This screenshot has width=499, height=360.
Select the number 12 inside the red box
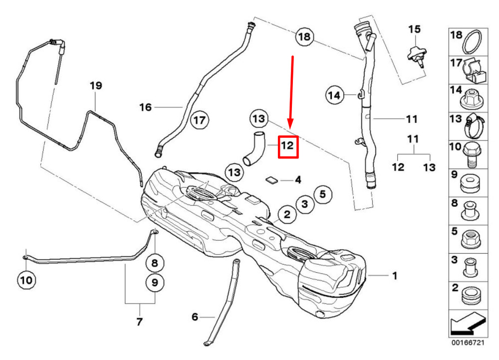(x=288, y=146)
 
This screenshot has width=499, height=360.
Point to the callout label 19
(x=96, y=86)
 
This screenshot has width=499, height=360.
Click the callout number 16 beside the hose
(x=145, y=107)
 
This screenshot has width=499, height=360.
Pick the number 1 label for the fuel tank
(x=395, y=275)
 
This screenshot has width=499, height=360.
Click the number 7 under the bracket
(x=139, y=322)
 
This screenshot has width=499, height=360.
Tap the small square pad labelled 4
(x=272, y=180)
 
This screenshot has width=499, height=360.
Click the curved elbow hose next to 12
(x=255, y=147)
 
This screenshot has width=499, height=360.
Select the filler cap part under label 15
(x=416, y=54)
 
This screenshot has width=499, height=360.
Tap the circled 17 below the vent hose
(x=200, y=120)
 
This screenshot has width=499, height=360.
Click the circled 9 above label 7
(x=154, y=283)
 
